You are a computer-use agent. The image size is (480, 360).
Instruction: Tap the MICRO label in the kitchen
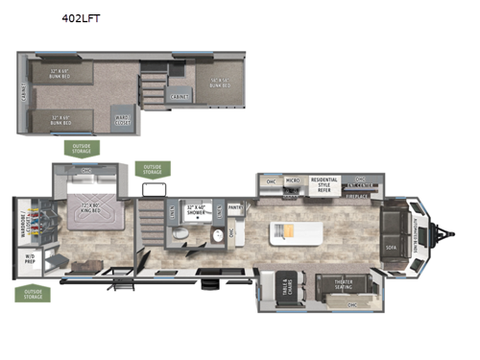[x=293, y=180]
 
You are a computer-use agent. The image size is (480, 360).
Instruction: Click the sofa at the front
[x=391, y=231]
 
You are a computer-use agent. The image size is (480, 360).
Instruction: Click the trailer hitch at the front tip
[x=444, y=231]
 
